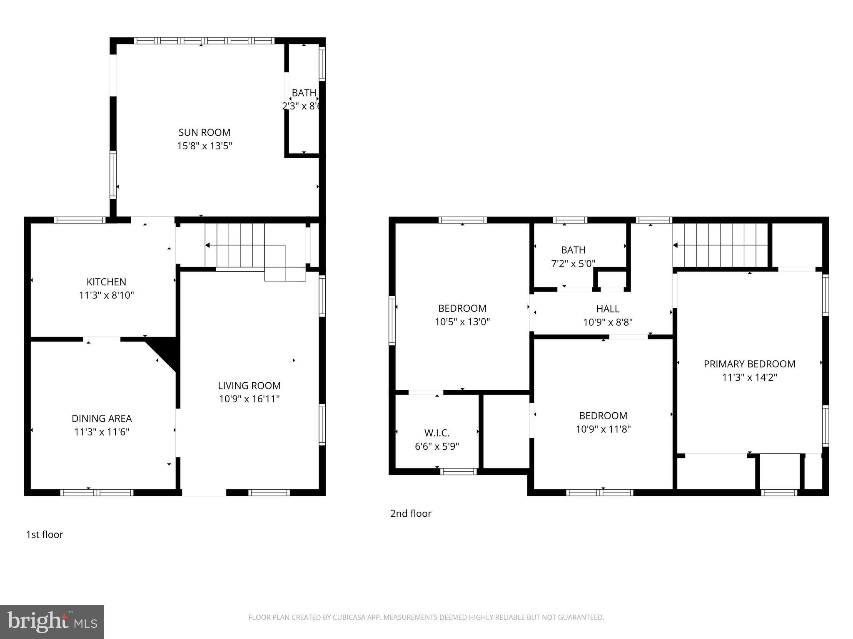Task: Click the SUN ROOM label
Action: tap(204, 132)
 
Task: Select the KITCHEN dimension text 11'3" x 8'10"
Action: tap(106, 295)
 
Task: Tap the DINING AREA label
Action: tap(102, 419)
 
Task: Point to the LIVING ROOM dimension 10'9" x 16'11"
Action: tap(249, 399)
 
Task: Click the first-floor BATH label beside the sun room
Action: tap(304, 93)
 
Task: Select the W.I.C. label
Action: tap(436, 433)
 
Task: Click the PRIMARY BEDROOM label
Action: tap(749, 364)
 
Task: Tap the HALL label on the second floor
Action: tap(607, 309)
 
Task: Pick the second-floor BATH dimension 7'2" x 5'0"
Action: tap(573, 263)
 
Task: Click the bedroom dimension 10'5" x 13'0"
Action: tap(462, 322)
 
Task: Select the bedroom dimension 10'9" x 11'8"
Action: tap(603, 429)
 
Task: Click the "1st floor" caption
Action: tap(45, 535)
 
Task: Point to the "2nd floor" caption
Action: tap(411, 513)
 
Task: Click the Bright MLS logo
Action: tap(52, 622)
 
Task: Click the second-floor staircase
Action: tap(721, 245)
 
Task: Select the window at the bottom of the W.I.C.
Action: tap(458, 471)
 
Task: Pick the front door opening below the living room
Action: tap(204, 493)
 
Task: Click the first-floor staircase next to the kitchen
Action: tap(242, 245)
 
